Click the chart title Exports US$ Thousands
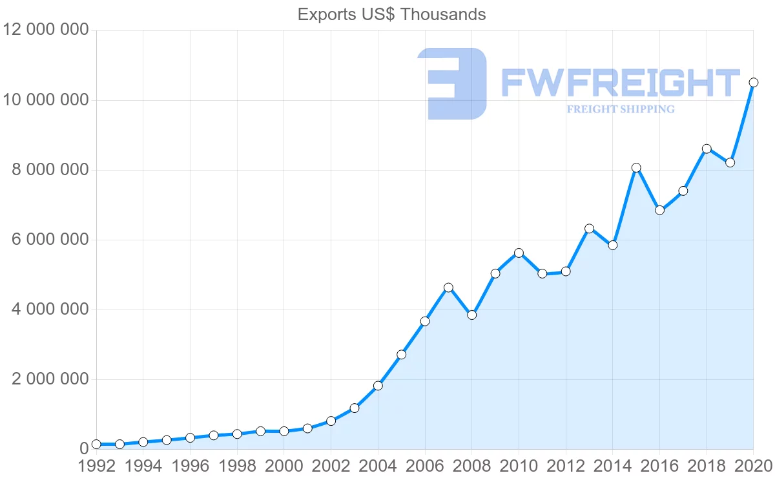click(x=391, y=14)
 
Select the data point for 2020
click(x=753, y=83)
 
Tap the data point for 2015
click(x=636, y=168)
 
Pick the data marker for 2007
click(x=448, y=288)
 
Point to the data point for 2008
click(x=471, y=315)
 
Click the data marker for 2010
click(x=519, y=253)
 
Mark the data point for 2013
click(x=589, y=229)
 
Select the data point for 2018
click(x=707, y=149)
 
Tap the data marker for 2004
click(x=378, y=386)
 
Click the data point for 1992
click(x=96, y=444)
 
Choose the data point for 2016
click(x=659, y=210)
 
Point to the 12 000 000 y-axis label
click(x=46, y=30)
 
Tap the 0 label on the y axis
click(x=83, y=449)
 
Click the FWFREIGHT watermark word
click(x=620, y=83)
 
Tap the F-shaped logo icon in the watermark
click(x=453, y=83)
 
